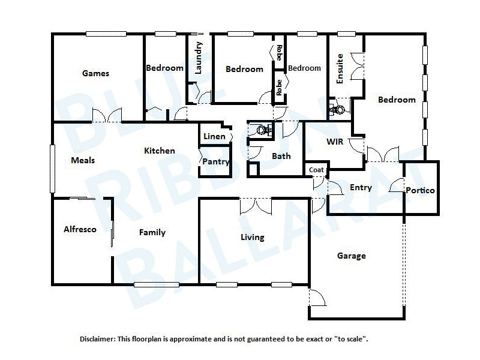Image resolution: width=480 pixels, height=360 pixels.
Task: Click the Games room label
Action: click(x=96, y=74)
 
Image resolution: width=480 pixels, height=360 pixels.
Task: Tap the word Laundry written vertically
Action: click(x=199, y=58)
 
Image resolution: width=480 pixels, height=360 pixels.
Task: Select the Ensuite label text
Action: click(x=340, y=68)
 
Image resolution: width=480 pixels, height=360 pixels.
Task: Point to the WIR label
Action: click(x=334, y=142)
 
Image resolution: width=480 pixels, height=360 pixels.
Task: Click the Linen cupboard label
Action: click(x=214, y=136)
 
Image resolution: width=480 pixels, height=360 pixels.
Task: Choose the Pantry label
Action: click(x=215, y=161)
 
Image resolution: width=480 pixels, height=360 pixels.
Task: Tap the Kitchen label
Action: click(x=159, y=151)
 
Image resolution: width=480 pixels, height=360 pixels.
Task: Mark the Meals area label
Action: click(x=83, y=160)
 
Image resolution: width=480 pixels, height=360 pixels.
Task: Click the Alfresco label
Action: click(x=80, y=229)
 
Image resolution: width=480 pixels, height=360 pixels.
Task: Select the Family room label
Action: click(x=152, y=232)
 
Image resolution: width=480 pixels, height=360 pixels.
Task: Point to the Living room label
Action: click(x=252, y=237)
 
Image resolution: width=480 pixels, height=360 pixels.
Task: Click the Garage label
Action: click(x=351, y=256)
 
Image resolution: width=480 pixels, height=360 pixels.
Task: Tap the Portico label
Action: click(x=420, y=190)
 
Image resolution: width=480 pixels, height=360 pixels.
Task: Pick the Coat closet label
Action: click(x=316, y=170)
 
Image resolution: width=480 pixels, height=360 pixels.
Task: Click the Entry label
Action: click(x=361, y=187)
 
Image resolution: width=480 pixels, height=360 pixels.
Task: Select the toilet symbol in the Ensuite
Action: click(x=339, y=109)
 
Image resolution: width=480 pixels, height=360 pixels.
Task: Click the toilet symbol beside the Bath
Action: click(x=262, y=129)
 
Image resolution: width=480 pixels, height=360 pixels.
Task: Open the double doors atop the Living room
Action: click(x=256, y=206)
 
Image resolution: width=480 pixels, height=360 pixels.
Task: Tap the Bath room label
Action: click(x=281, y=156)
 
